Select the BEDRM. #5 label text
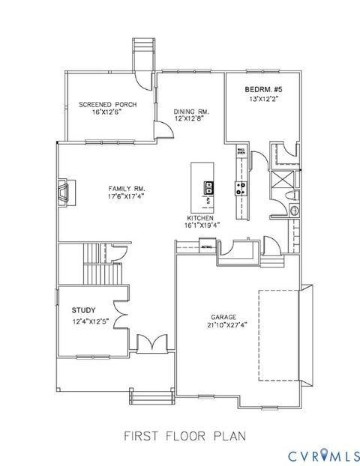262,89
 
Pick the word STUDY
83,309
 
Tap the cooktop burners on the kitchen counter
241,189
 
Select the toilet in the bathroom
293,196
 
